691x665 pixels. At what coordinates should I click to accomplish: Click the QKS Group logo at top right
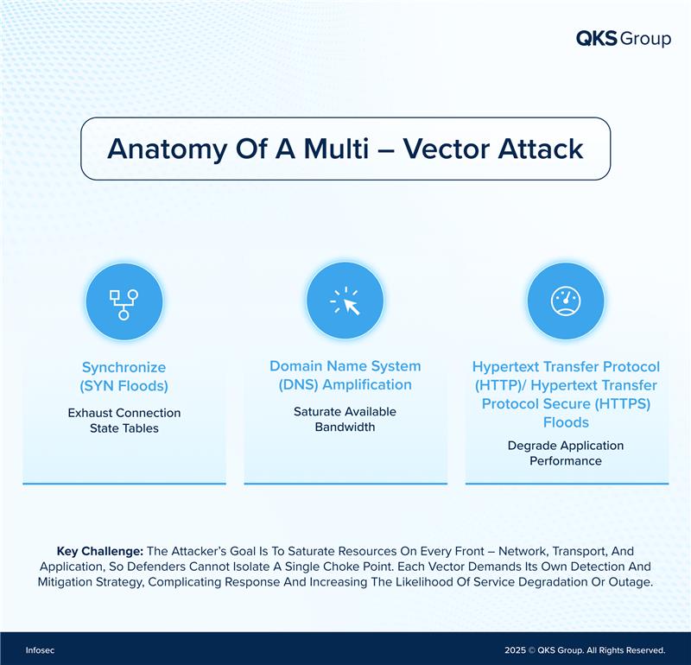623,39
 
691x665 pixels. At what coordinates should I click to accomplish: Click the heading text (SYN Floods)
124,385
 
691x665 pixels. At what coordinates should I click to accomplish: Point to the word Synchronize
124,367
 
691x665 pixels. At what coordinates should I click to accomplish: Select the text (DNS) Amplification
345,384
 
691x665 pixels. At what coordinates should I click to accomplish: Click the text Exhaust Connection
124,413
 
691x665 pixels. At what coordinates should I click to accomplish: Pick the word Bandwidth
345,427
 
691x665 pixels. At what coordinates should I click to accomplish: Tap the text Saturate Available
345,412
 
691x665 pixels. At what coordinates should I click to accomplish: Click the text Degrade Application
566,446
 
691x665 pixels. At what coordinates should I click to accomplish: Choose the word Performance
566,461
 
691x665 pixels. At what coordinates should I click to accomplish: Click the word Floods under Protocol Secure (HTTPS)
566,422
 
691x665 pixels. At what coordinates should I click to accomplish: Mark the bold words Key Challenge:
100,550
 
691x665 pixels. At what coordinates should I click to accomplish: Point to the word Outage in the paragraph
628,581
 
